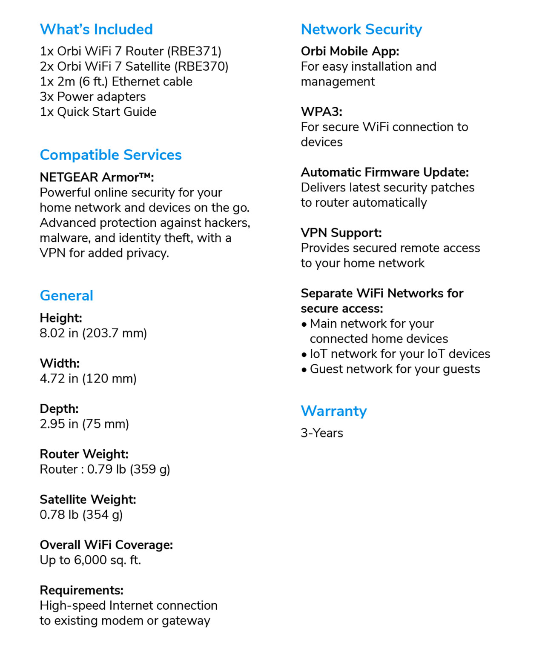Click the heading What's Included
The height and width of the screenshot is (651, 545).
pos(96,29)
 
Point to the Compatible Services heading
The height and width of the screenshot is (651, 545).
pos(111,155)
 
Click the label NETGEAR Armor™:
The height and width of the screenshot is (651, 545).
pos(97,177)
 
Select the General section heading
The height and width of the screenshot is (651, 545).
pos(66,296)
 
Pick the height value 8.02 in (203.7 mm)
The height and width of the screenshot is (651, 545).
pos(93,333)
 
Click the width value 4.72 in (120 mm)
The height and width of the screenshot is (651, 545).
pos(88,379)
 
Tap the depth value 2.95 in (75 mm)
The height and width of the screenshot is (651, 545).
pos(84,424)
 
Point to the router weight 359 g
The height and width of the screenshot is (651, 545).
pos(150,469)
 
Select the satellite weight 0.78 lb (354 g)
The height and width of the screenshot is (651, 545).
pos(81,515)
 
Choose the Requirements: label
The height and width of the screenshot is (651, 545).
pos(82,591)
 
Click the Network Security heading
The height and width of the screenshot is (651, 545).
pos(361,29)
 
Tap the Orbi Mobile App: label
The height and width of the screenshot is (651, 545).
pos(350,51)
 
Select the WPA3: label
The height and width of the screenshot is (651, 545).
pos(321,112)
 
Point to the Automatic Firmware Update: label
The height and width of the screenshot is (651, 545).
pos(385,172)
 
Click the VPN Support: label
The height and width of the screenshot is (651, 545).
pos(341,233)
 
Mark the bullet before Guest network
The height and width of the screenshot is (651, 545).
pos(304,370)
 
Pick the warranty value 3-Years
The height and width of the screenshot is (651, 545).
pos(322,433)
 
